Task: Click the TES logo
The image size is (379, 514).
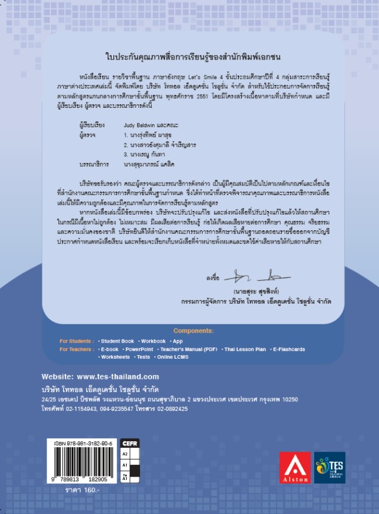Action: click(x=330, y=467)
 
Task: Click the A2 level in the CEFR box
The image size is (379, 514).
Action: click(x=126, y=453)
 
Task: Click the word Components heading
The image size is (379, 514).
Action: click(x=193, y=331)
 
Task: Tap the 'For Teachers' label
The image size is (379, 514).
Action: click(x=75, y=350)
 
